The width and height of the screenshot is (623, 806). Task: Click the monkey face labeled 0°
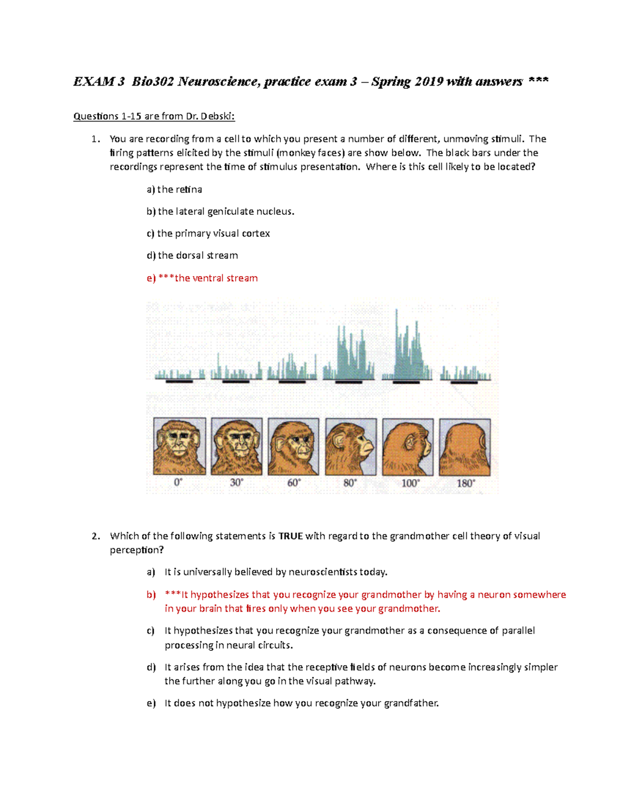point(180,446)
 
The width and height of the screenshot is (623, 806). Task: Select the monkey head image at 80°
point(351,447)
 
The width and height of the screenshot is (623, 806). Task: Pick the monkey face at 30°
point(237,446)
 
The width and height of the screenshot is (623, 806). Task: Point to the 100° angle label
point(410,483)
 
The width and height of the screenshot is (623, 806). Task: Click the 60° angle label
point(294,483)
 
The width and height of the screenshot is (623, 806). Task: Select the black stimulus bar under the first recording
point(179,381)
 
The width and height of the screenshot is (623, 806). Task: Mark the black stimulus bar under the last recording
point(464,382)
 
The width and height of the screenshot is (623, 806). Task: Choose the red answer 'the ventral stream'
point(216,278)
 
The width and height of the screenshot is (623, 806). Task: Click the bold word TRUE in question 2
point(291,536)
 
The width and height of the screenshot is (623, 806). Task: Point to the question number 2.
point(96,536)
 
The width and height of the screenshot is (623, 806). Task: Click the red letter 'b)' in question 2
point(151,595)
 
